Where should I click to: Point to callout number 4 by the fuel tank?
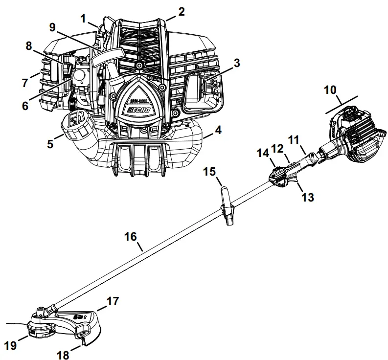[219, 132]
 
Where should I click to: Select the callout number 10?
[330, 90]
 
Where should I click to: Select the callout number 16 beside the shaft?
[131, 237]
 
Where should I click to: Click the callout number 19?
[11, 345]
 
